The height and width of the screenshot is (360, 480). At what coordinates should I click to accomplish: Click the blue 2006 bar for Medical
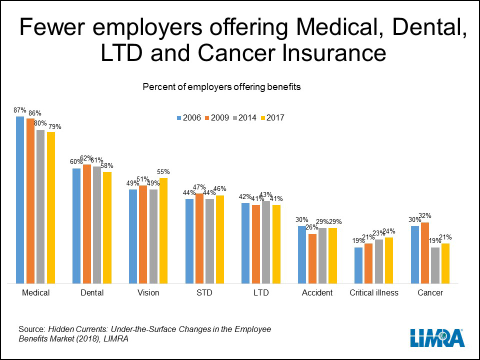click(20, 200)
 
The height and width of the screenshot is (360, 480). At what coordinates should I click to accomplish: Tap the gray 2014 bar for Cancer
click(435, 265)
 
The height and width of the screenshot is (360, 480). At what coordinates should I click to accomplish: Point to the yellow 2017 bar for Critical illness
click(389, 260)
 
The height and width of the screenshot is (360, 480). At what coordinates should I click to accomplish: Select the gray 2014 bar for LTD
click(266, 242)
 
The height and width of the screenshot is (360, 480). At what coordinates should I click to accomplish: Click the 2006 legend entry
click(188, 118)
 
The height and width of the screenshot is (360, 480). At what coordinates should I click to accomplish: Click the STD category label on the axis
click(204, 293)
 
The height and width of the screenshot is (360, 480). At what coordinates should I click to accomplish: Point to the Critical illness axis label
click(374, 293)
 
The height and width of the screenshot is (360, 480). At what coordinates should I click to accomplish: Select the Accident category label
click(317, 293)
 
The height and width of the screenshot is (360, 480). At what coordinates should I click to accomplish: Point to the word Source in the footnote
click(31, 329)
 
